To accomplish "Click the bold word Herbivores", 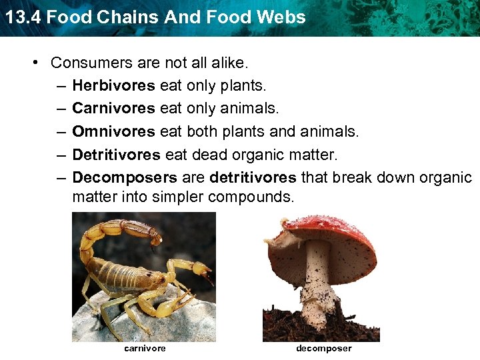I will (113, 85).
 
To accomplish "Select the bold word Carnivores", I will (114, 108).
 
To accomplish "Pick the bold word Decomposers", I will (125, 177).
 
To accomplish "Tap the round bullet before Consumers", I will (37, 63).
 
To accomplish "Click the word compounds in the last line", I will (250, 198).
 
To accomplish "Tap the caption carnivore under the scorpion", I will (145, 348).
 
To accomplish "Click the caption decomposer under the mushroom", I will (323, 348).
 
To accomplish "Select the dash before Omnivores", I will (59, 131).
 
